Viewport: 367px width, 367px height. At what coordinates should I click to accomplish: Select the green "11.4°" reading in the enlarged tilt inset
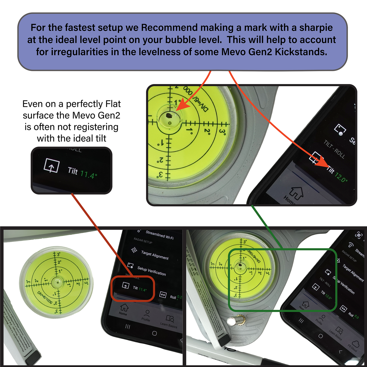pyautogui.click(x=88, y=174)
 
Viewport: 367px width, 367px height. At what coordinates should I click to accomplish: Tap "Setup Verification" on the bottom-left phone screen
pyautogui.click(x=151, y=271)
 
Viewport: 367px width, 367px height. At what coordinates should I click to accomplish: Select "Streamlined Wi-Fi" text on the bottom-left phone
pyautogui.click(x=159, y=235)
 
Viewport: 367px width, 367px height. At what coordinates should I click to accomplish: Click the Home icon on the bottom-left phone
pyautogui.click(x=124, y=308)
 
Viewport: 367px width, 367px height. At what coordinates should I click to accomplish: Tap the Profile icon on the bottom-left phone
pyautogui.click(x=147, y=313)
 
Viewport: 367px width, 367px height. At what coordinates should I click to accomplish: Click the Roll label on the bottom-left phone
pyautogui.click(x=173, y=297)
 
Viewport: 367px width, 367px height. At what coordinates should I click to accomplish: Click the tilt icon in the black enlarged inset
pyautogui.click(x=52, y=166)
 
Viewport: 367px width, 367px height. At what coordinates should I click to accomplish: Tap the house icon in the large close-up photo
pyautogui.click(x=296, y=193)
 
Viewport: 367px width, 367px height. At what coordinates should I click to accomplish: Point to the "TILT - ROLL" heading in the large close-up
pyautogui.click(x=334, y=150)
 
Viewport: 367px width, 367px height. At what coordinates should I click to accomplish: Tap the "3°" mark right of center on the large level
pyautogui.click(x=222, y=132)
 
